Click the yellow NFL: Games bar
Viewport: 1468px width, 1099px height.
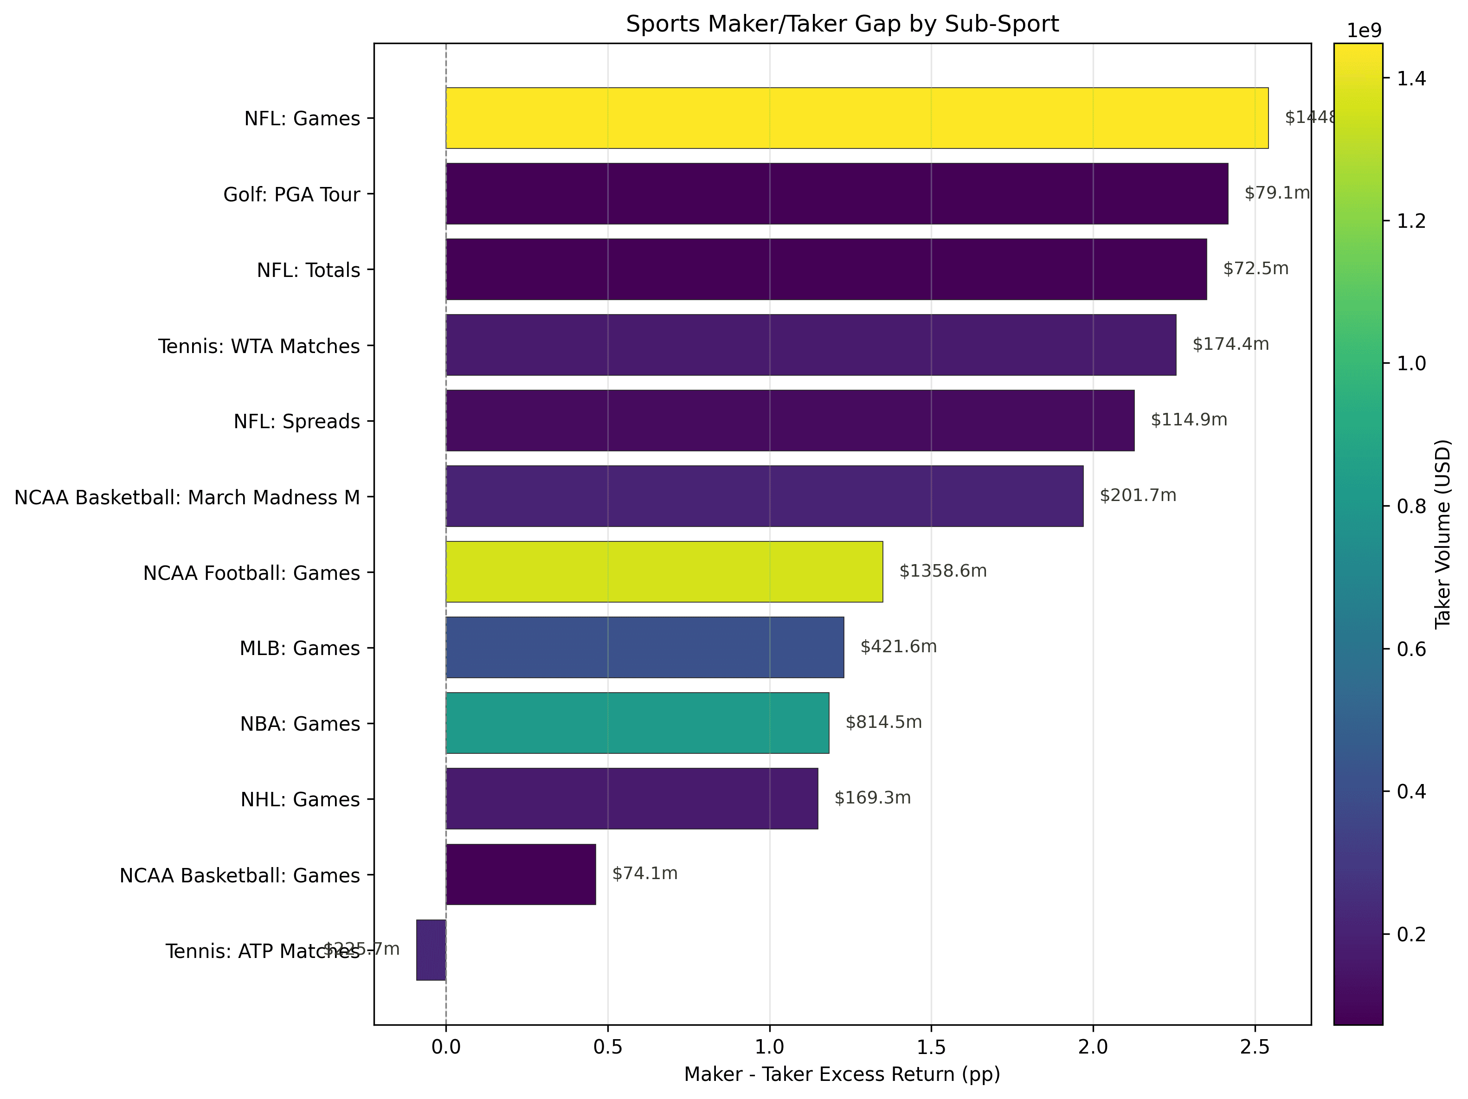pyautogui.click(x=856, y=118)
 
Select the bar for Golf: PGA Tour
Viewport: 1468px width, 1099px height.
pyautogui.click(x=836, y=194)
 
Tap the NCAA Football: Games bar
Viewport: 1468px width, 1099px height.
pyautogui.click(x=663, y=572)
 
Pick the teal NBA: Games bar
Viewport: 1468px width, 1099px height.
pyautogui.click(x=637, y=723)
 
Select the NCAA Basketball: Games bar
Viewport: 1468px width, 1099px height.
pyautogui.click(x=521, y=874)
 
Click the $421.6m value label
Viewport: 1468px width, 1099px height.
pyautogui.click(x=899, y=647)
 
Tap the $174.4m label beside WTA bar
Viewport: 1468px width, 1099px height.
pyautogui.click(x=1230, y=344)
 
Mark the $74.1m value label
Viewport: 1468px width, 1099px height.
pyautogui.click(x=644, y=874)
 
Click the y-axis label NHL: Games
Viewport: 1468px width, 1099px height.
pyautogui.click(x=300, y=800)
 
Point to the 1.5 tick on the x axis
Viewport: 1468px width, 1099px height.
pyautogui.click(x=931, y=1047)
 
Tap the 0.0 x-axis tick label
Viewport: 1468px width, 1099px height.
pyautogui.click(x=446, y=1047)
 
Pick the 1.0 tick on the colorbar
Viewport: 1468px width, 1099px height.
pyautogui.click(x=1411, y=364)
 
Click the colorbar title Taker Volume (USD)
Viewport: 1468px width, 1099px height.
pyautogui.click(x=1443, y=534)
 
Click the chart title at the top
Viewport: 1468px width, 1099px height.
pyautogui.click(x=842, y=24)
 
